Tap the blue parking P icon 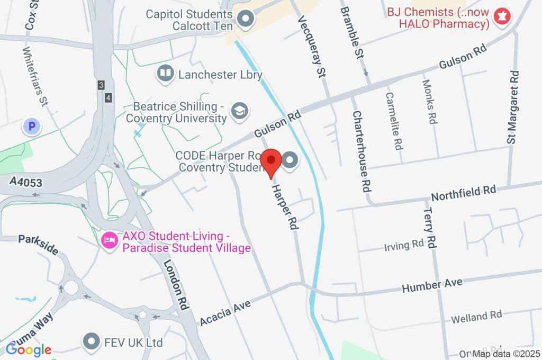32,127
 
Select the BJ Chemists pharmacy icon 500,17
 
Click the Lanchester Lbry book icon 166,74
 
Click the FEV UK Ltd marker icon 92,342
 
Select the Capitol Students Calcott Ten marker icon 245,20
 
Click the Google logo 29,349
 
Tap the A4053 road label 26,183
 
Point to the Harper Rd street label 285,206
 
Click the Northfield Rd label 463,192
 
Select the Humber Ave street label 432,285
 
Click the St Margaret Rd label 512,107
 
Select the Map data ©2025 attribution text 506,354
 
